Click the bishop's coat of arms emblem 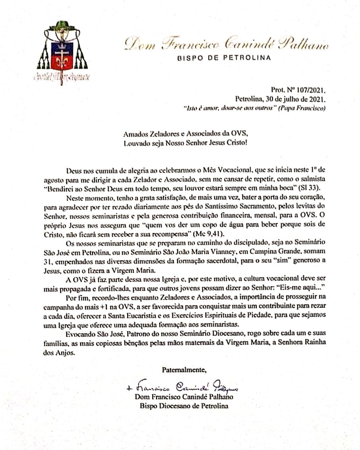click(60, 54)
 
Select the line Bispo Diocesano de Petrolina click(184, 406)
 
